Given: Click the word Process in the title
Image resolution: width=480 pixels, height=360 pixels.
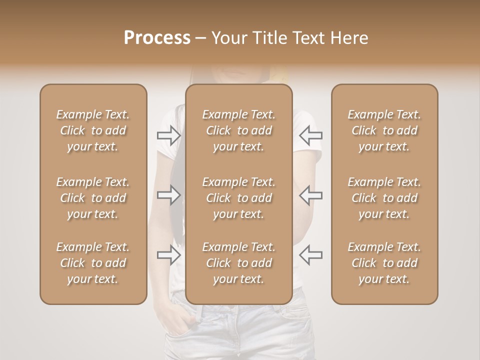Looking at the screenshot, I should (157, 38).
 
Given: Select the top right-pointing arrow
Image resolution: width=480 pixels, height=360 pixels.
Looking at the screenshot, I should (169, 135).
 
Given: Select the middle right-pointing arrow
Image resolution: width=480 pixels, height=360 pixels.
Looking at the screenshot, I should (169, 195).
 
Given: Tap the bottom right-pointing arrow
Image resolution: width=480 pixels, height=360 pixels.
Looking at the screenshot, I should (169, 255).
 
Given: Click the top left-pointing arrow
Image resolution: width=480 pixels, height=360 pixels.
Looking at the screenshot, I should (310, 135).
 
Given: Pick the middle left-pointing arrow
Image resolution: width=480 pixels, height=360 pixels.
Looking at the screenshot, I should (310, 195).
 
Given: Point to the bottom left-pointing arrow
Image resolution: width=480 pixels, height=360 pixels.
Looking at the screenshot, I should (310, 255).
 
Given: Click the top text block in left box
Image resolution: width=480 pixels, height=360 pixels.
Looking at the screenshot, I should (93, 130).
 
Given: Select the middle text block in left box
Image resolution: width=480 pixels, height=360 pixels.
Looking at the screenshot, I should (93, 198).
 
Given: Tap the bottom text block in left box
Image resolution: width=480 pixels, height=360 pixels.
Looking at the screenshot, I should (93, 263).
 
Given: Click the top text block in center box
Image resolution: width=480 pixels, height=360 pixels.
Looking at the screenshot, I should (239, 130).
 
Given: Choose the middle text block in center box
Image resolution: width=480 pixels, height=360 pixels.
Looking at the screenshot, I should (239, 198).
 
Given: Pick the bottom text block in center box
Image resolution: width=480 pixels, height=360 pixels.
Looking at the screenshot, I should (239, 263).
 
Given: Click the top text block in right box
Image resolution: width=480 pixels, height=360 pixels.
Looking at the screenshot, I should (384, 130).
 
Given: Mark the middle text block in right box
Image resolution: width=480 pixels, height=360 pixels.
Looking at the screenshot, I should (384, 198).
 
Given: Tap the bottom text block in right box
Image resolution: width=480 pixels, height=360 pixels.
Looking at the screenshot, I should (384, 263).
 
